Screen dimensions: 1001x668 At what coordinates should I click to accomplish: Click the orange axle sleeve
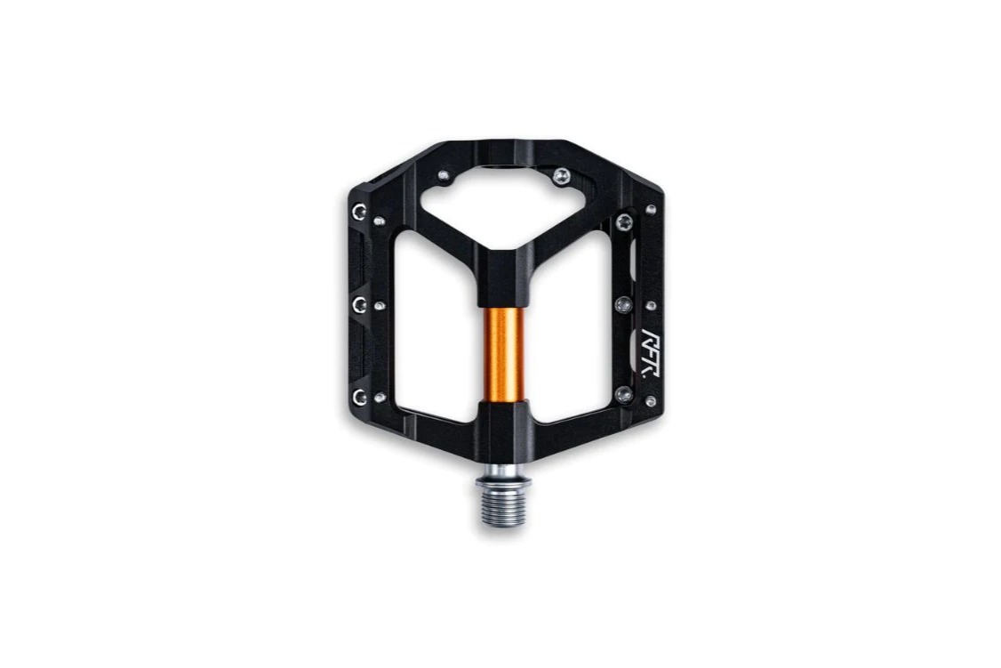coord(503,353)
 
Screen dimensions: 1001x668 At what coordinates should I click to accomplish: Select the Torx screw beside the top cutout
coord(562,175)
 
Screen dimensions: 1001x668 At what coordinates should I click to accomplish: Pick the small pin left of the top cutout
coord(443,175)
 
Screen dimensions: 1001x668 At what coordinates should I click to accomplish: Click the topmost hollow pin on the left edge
coord(359,212)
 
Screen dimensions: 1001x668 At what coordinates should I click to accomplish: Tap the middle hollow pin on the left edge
coord(359,304)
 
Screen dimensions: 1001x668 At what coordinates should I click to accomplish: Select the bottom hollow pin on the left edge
coord(360,398)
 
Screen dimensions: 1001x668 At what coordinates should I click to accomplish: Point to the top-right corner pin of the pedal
coord(651,209)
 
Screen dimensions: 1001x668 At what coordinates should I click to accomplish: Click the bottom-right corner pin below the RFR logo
coord(651,401)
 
